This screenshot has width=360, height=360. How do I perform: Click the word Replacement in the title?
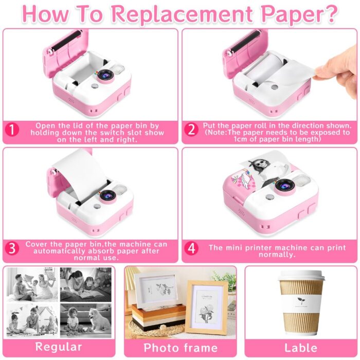click(183, 14)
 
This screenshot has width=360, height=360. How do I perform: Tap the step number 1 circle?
click(12, 130)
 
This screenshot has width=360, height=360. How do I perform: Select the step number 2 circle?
click(191, 130)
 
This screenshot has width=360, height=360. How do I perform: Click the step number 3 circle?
click(12, 248)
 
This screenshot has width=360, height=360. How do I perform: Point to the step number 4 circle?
click(191, 248)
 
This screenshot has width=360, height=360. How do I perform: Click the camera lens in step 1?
click(106, 76)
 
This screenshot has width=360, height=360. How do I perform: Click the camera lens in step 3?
click(107, 196)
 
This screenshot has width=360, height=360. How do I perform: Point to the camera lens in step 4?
click(285, 186)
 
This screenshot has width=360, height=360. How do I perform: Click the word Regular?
click(59, 347)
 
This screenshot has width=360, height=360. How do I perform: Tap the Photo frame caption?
click(181, 348)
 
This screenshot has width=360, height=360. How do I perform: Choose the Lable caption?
click(301, 348)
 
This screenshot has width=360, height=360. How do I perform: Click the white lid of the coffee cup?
click(301, 277)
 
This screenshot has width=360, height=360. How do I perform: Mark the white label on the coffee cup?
click(301, 303)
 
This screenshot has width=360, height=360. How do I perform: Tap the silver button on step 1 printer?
click(94, 86)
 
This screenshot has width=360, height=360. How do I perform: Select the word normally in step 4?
click(277, 255)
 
